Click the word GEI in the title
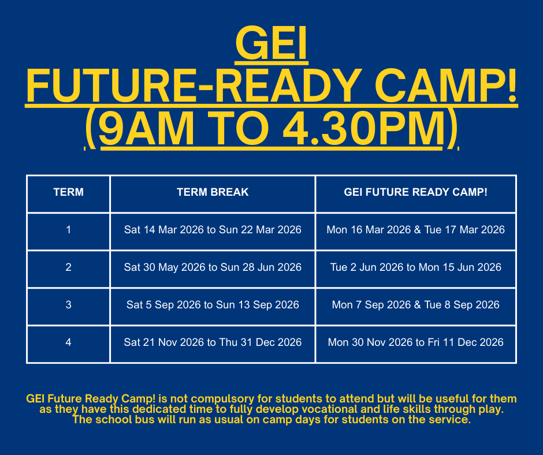click(x=271, y=44)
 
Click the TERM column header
click(x=68, y=192)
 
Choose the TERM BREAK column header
click(x=213, y=192)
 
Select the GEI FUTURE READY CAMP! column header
click(x=415, y=192)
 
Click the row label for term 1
click(x=68, y=230)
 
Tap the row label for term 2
click(x=68, y=267)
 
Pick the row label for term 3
click(x=68, y=305)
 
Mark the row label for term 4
click(x=68, y=342)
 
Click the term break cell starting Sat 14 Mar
click(x=213, y=230)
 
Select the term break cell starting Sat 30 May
click(x=213, y=267)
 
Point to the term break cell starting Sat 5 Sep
click(x=213, y=305)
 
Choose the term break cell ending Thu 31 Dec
click(x=213, y=342)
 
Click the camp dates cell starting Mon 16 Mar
click(x=415, y=230)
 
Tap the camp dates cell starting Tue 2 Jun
click(x=415, y=267)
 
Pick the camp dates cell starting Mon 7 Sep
click(x=415, y=305)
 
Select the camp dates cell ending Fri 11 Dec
click(x=415, y=342)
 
